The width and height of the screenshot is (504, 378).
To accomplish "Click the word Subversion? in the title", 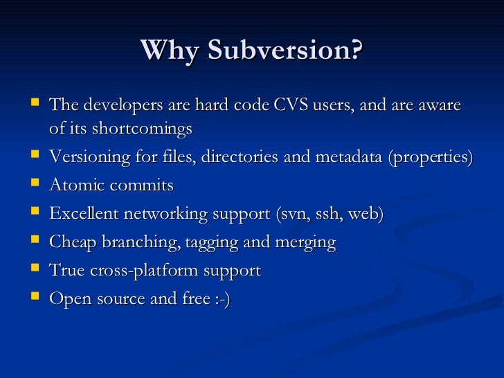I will [285, 50].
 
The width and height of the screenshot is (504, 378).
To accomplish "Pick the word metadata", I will [350, 157].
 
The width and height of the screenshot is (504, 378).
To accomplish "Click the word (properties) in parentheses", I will [431, 157].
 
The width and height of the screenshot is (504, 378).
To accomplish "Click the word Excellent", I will [84, 214].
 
